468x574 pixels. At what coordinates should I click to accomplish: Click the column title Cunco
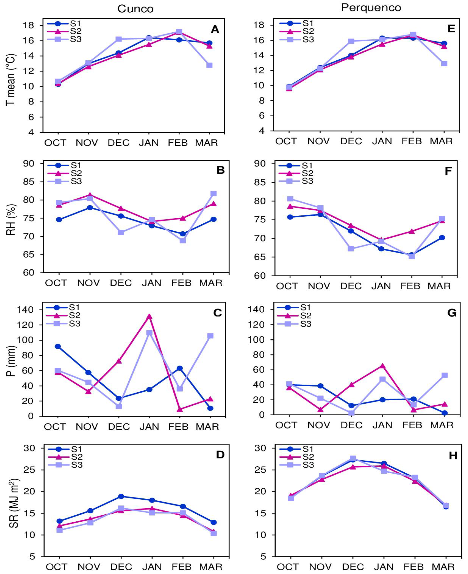[135, 9]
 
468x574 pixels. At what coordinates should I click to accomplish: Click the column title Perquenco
[371, 8]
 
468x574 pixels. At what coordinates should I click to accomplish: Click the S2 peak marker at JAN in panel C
[149, 316]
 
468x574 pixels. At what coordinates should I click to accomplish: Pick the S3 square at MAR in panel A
[209, 65]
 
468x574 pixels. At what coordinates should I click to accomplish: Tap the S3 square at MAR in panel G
[445, 375]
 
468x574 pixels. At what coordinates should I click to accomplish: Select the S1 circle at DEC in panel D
[121, 496]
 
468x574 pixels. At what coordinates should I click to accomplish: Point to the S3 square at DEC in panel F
[351, 249]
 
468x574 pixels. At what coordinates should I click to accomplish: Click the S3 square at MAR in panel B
[213, 193]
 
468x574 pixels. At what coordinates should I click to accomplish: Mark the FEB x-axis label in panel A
[178, 143]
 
